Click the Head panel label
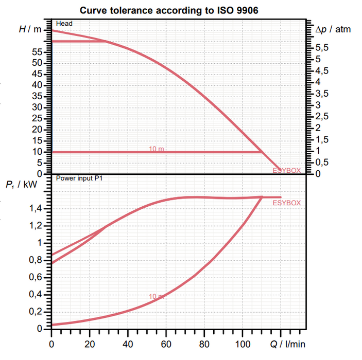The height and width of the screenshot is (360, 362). tap(64, 24)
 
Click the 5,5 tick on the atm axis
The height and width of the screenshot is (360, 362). tap(322, 48)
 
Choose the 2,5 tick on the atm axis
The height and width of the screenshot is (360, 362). tap(322, 116)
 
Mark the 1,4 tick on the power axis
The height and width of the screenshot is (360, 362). tap(40, 208)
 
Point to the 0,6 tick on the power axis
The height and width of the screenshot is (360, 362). tap(40, 277)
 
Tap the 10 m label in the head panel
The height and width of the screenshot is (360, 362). tap(157, 149)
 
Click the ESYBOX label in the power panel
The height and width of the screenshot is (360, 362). tap(287, 203)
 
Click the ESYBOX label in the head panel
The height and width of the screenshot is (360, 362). tap(287, 170)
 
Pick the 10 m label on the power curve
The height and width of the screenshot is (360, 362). tap(156, 297)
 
